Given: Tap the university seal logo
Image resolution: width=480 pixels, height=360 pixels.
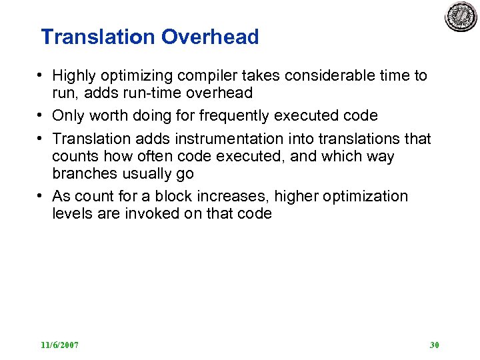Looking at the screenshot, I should (x=461, y=16).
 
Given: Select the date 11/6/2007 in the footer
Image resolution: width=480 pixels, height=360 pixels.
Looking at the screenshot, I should (x=59, y=345).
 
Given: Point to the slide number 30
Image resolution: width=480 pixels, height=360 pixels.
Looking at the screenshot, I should (x=435, y=345).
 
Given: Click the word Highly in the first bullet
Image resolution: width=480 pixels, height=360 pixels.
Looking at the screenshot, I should (x=74, y=76).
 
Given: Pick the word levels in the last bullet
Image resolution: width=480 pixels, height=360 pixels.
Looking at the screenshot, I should (x=70, y=213).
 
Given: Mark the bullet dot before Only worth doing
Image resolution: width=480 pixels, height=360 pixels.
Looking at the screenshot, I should (x=41, y=116).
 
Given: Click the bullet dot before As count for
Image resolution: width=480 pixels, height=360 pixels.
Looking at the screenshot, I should (x=41, y=196).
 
